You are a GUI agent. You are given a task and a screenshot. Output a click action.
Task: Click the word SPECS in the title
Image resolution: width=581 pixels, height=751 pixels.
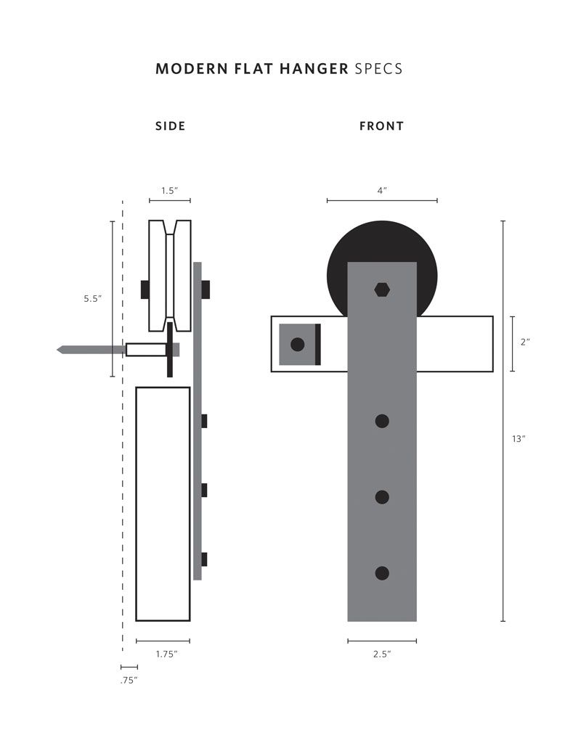pyautogui.click(x=378, y=69)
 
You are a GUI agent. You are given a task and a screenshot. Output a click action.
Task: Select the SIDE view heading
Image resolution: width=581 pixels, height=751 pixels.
pyautogui.click(x=171, y=126)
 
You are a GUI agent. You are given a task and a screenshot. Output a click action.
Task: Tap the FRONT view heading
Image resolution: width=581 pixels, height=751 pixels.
pyautogui.click(x=381, y=126)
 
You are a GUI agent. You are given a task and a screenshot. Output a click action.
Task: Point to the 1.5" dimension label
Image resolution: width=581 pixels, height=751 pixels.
pyautogui.click(x=169, y=191)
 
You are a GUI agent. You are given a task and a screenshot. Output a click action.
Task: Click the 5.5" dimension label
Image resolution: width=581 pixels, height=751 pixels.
pyautogui.click(x=92, y=298)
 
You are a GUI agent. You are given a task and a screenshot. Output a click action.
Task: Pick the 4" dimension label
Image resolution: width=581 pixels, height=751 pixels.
pyautogui.click(x=382, y=191)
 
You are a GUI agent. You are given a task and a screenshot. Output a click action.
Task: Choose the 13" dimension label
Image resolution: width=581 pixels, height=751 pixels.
pyautogui.click(x=518, y=438)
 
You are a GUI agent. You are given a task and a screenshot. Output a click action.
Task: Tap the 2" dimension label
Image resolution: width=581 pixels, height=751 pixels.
pyautogui.click(x=525, y=342)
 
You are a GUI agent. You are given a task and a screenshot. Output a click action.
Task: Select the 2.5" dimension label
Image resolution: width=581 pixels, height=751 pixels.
pyautogui.click(x=382, y=654)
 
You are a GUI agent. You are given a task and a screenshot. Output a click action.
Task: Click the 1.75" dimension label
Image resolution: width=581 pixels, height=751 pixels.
pyautogui.click(x=167, y=654)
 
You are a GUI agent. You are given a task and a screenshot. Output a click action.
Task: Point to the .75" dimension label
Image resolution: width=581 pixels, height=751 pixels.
pyautogui.click(x=129, y=681)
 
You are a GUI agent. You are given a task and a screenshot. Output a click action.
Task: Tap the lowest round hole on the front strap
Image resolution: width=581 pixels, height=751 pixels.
pyautogui.click(x=382, y=573)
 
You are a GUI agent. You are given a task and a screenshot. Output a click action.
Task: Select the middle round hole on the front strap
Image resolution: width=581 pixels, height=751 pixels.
pyautogui.click(x=382, y=497)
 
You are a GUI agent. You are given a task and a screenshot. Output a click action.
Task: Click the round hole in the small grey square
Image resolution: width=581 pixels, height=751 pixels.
pyautogui.click(x=297, y=345)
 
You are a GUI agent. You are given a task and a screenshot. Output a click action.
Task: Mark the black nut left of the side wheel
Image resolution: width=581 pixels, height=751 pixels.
pyautogui.click(x=145, y=289)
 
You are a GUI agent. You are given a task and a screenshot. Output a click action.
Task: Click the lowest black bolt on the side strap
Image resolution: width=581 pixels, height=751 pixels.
pyautogui.click(x=204, y=559)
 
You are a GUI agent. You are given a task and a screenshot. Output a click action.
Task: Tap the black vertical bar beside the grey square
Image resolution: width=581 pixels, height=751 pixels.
pyautogui.click(x=318, y=345)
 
